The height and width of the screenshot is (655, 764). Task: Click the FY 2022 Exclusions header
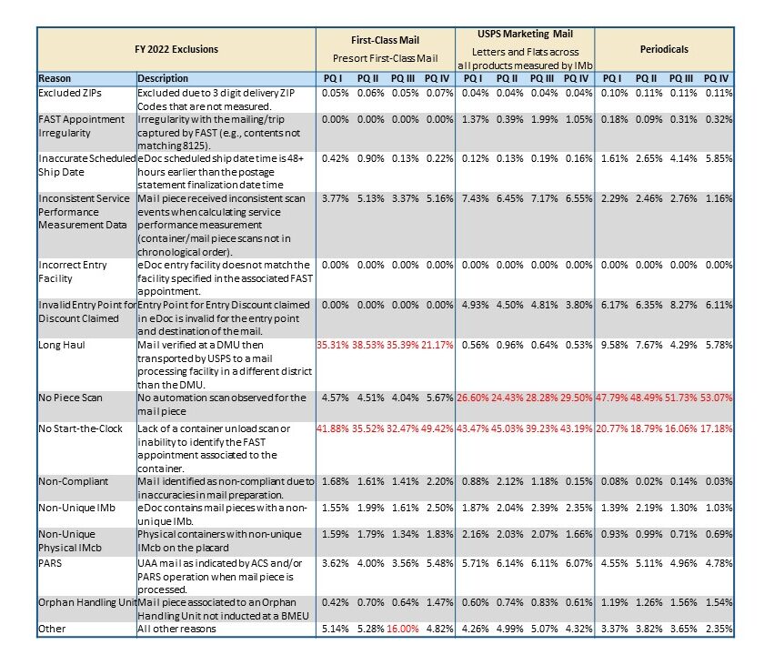click(x=176, y=49)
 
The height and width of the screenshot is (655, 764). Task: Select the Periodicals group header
click(x=664, y=49)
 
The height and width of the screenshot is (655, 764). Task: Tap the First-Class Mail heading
click(x=385, y=40)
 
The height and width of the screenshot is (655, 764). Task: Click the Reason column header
click(x=55, y=78)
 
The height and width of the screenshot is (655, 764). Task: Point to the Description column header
click(x=163, y=78)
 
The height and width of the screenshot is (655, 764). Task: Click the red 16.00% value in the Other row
click(x=402, y=629)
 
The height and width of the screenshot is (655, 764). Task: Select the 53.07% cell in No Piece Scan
click(x=717, y=398)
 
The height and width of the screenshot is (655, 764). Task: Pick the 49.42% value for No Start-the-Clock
click(x=437, y=428)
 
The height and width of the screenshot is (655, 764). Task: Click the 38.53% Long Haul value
click(x=367, y=345)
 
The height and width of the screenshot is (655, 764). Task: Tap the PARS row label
click(x=50, y=563)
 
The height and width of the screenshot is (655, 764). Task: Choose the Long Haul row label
click(x=62, y=345)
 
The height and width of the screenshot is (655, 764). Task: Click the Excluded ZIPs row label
click(x=70, y=93)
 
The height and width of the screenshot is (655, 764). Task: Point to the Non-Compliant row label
click(x=73, y=481)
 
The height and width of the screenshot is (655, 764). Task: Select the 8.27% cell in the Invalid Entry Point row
click(x=683, y=305)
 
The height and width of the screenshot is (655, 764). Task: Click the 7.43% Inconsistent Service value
click(x=475, y=199)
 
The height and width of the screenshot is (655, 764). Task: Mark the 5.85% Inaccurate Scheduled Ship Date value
click(x=719, y=159)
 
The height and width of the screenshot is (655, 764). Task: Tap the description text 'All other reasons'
click(x=176, y=629)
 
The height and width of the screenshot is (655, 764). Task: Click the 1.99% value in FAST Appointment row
click(x=542, y=119)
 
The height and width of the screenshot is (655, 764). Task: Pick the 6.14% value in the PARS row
click(x=509, y=563)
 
